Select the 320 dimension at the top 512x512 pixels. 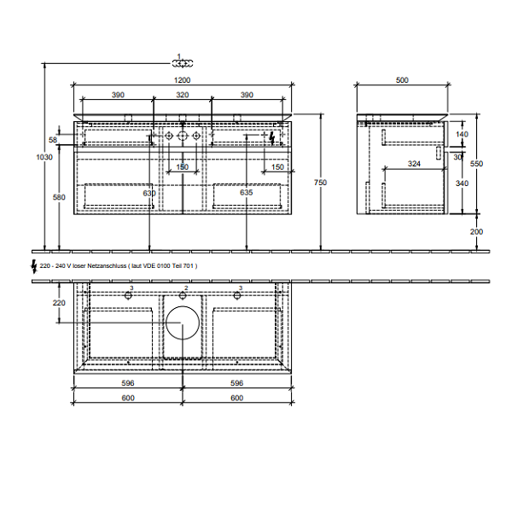coord(183,95)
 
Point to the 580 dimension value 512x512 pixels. coord(58,198)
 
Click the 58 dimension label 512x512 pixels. coord(54,139)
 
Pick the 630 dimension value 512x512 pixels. coord(150,194)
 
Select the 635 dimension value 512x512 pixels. coord(247,194)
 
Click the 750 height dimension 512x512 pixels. coord(320,182)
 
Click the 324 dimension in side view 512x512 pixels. coord(413,163)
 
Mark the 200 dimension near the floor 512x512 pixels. coord(475,231)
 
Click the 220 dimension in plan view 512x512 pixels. coord(58,303)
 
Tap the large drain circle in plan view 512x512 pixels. coord(182,323)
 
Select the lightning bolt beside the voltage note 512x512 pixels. coord(34,266)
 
